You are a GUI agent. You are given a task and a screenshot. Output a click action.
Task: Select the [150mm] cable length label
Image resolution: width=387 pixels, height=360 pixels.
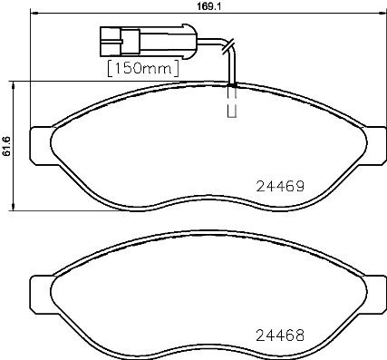[x=139, y=68]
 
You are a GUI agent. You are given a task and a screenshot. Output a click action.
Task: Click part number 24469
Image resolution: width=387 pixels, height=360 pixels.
[x=276, y=183]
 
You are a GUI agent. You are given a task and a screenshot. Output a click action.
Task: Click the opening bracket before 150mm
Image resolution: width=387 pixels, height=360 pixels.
[x=110, y=68]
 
